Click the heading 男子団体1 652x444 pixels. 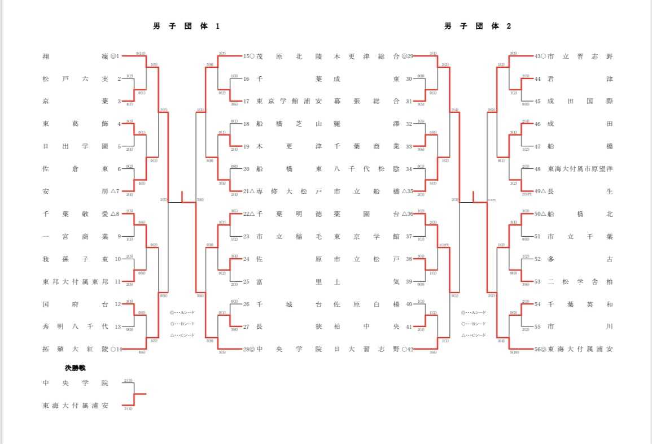186,26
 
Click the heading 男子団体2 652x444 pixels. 478,26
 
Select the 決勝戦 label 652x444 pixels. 75,368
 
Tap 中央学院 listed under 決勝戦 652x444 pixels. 75,383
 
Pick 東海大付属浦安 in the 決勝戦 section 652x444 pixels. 75,406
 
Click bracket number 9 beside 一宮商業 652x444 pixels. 119,237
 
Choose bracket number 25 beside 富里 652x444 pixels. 246,282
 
